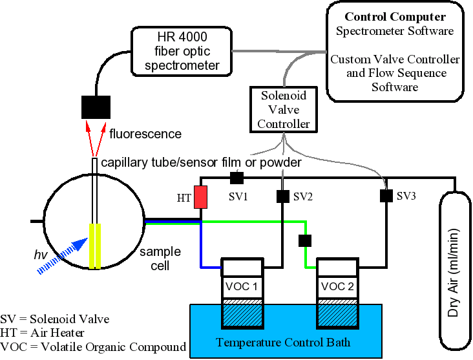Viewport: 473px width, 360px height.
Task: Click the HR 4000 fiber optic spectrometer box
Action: click(x=180, y=50)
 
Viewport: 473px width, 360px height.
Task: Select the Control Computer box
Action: click(x=395, y=50)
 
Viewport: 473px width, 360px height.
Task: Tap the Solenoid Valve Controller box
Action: click(x=284, y=109)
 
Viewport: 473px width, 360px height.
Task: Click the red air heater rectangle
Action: click(x=201, y=197)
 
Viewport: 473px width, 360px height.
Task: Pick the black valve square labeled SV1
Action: click(x=237, y=177)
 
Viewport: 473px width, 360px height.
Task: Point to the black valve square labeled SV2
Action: click(x=282, y=195)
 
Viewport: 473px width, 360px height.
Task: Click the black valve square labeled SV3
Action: click(x=386, y=196)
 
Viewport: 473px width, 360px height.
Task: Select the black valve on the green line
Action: click(x=304, y=241)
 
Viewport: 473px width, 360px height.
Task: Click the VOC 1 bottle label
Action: click(x=242, y=286)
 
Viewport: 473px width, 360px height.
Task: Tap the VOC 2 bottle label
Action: click(x=337, y=286)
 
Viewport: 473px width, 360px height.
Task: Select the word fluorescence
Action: click(x=145, y=134)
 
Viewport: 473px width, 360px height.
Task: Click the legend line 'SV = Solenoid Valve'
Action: click(x=55, y=319)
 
